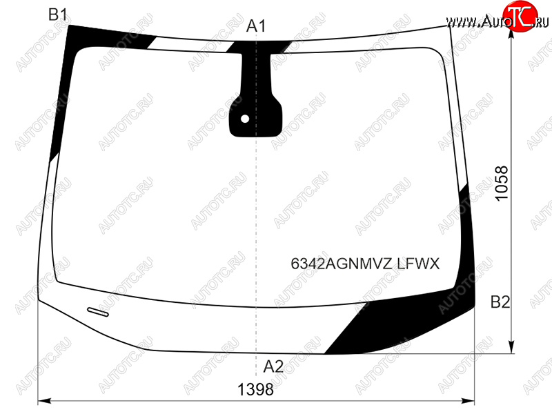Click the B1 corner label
pyautogui.click(x=58, y=14)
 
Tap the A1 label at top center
pyautogui.click(x=256, y=26)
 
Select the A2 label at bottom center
pyautogui.click(x=273, y=366)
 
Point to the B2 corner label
pyautogui.click(x=500, y=302)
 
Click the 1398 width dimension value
pyautogui.click(x=255, y=389)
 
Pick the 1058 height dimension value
pyautogui.click(x=502, y=183)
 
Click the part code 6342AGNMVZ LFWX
pyautogui.click(x=365, y=264)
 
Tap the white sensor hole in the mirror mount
pyautogui.click(x=245, y=119)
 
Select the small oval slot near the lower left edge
pyautogui.click(x=98, y=312)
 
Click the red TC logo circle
pyautogui.click(x=520, y=16)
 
